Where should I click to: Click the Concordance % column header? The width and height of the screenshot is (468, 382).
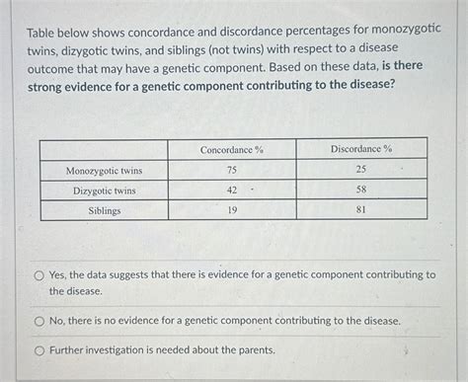(x=232, y=149)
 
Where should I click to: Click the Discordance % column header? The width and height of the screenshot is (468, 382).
(x=361, y=149)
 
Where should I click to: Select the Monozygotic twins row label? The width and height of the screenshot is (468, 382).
(x=104, y=170)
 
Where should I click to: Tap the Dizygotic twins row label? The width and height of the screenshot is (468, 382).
(x=104, y=191)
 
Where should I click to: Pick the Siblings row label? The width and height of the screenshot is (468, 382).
(x=104, y=210)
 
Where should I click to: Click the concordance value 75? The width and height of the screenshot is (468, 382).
(x=232, y=170)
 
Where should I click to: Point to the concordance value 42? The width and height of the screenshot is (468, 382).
(x=232, y=191)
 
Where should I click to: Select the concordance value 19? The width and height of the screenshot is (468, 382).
(x=232, y=210)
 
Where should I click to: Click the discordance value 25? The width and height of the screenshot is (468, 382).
(x=361, y=170)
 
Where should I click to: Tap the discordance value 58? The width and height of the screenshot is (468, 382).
(x=361, y=191)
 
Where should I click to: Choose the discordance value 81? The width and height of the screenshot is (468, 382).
(x=361, y=210)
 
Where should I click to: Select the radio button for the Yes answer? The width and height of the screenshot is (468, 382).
(x=39, y=276)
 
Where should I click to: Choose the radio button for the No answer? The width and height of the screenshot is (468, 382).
(x=39, y=321)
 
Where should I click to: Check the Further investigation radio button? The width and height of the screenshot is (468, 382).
(x=39, y=349)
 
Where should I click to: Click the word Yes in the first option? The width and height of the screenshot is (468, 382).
(x=60, y=275)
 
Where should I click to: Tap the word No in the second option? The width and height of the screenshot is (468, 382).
(x=58, y=321)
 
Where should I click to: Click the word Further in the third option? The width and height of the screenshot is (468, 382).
(x=71, y=349)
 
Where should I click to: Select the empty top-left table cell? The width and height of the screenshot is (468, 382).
(x=104, y=149)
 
